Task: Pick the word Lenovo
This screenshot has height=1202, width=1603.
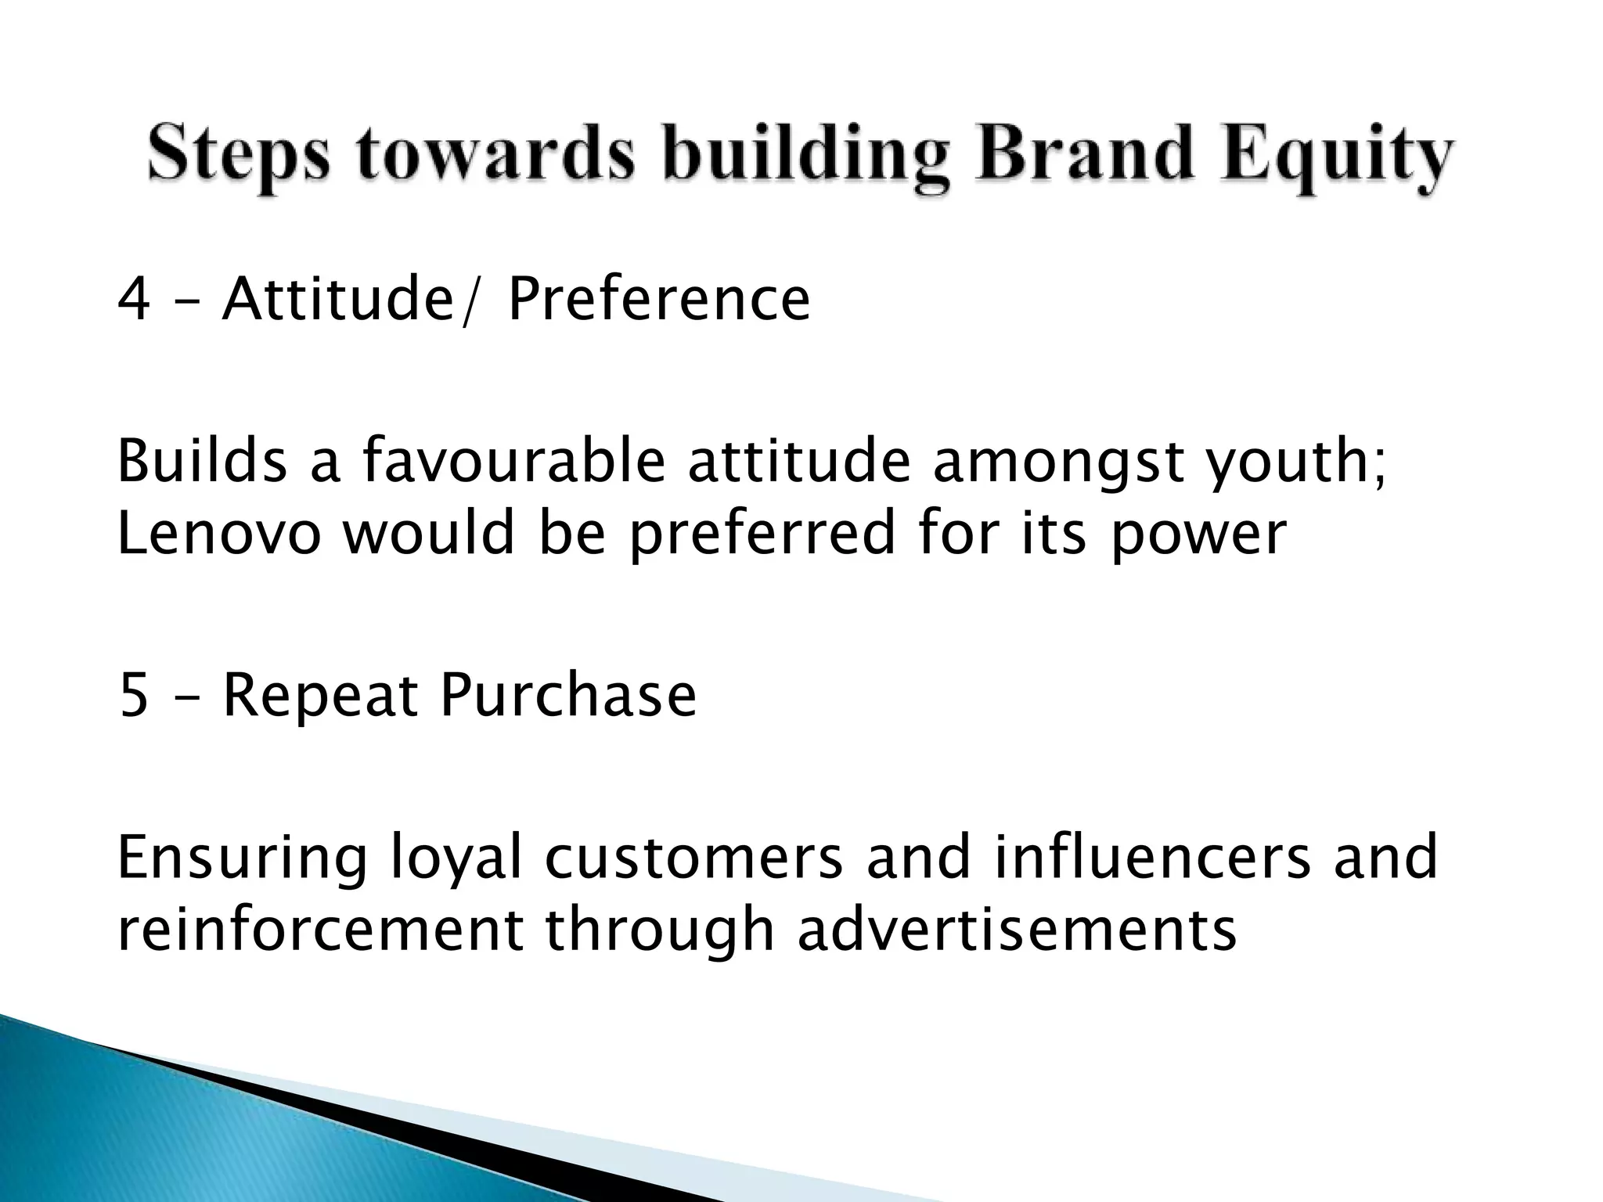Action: pyautogui.click(x=218, y=533)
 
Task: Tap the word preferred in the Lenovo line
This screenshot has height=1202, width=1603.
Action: pyautogui.click(x=761, y=534)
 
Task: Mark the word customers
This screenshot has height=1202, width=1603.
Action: pyautogui.click(x=693, y=858)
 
